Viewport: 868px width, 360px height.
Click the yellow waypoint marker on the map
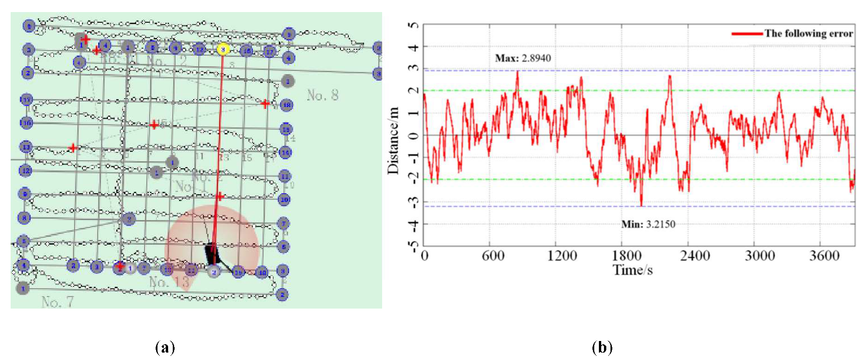click(223, 49)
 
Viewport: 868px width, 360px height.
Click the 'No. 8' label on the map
click(322, 95)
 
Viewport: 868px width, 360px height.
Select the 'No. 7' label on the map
click(57, 302)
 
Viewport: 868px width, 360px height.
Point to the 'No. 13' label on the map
click(169, 282)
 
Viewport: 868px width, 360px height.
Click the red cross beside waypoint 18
click(265, 103)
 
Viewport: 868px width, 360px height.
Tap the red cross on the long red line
click(220, 196)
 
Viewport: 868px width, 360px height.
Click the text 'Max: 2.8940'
click(523, 58)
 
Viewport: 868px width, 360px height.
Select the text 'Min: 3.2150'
click(648, 224)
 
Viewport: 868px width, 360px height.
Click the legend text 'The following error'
click(808, 33)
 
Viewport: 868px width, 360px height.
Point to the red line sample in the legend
click(747, 33)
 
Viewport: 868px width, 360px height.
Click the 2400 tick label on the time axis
click(695, 255)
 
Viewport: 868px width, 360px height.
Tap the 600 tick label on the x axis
click(493, 255)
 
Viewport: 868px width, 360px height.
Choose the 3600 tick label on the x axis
click(824, 255)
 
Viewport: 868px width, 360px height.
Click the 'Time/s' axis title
click(633, 270)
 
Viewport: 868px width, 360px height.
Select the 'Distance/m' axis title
click(393, 140)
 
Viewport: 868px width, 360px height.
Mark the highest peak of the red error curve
click(517, 71)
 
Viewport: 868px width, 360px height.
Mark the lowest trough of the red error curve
click(642, 205)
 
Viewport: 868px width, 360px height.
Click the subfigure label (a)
click(165, 347)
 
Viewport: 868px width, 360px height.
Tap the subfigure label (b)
click(602, 347)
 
